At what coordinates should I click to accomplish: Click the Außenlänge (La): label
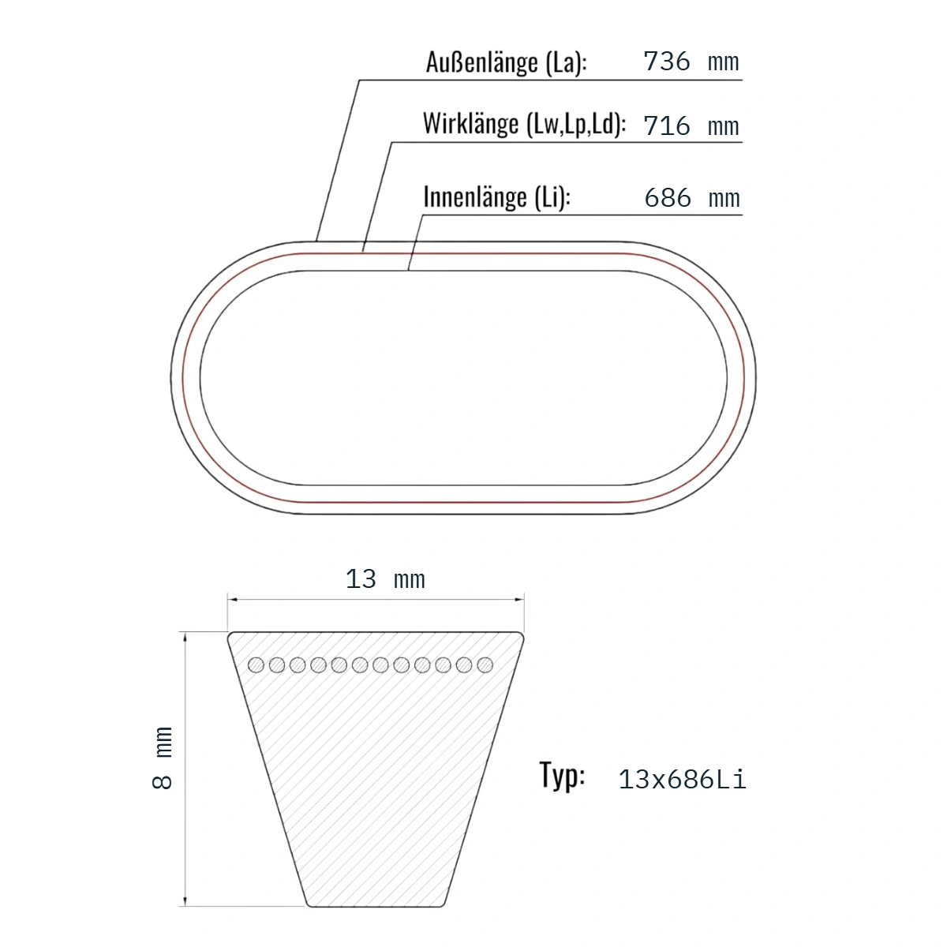click(x=506, y=63)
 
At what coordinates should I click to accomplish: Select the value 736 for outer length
click(x=666, y=62)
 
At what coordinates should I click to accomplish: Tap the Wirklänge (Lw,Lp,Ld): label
click(x=524, y=124)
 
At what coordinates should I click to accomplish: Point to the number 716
click(x=666, y=125)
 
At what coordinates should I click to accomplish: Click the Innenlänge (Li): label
click(x=497, y=197)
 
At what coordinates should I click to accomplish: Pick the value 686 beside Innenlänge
click(x=668, y=197)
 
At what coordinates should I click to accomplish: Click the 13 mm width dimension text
click(x=385, y=579)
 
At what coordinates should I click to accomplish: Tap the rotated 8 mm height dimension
click(x=163, y=758)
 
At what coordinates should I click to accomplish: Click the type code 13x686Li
click(x=682, y=780)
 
